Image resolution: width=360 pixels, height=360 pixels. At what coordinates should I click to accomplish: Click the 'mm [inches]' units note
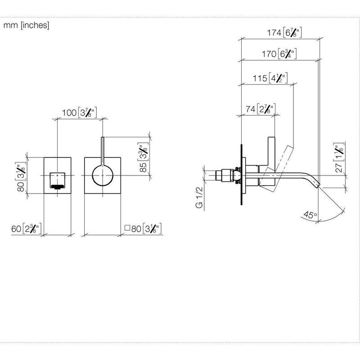[26, 25]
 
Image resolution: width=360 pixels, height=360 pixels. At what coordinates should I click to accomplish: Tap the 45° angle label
[310, 215]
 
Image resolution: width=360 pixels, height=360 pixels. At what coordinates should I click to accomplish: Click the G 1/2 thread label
[199, 198]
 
